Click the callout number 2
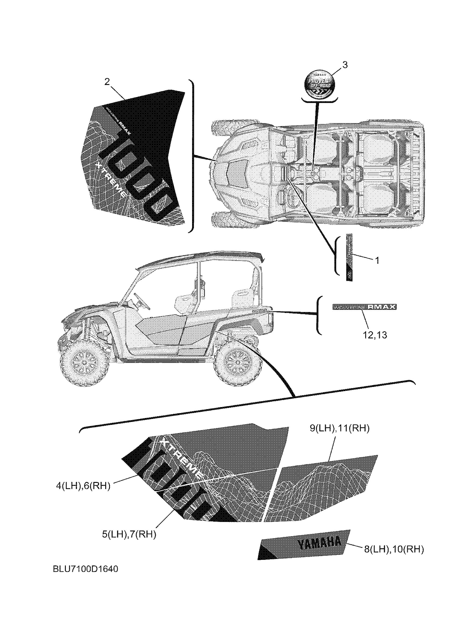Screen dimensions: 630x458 [x=107, y=82]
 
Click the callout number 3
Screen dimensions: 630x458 [x=345, y=65]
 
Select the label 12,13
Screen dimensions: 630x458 [x=374, y=335]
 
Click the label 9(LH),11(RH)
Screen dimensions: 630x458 [x=339, y=428]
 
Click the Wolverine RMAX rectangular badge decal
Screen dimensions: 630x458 [x=365, y=307]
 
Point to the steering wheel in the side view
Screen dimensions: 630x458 [x=142, y=301]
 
